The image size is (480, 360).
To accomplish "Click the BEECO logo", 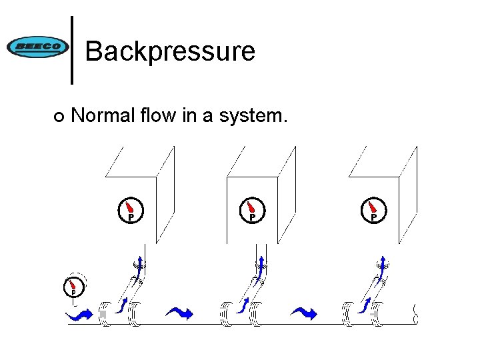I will [37, 47].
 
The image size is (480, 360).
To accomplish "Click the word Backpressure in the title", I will [170, 51].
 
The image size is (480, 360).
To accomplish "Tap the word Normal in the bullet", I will [102, 116].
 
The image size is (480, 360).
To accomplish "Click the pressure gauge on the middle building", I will [251, 210].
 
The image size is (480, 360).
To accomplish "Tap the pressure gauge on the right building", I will [373, 210].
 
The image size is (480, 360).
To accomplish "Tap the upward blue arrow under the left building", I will [139, 264].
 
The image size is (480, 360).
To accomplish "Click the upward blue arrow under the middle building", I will [261, 264].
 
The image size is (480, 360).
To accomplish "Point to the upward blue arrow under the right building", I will [383, 264].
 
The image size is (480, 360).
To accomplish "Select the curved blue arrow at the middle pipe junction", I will [243, 305].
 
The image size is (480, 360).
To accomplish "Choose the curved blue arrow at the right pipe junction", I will [365, 305].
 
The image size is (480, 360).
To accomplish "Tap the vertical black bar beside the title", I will [72, 50].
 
